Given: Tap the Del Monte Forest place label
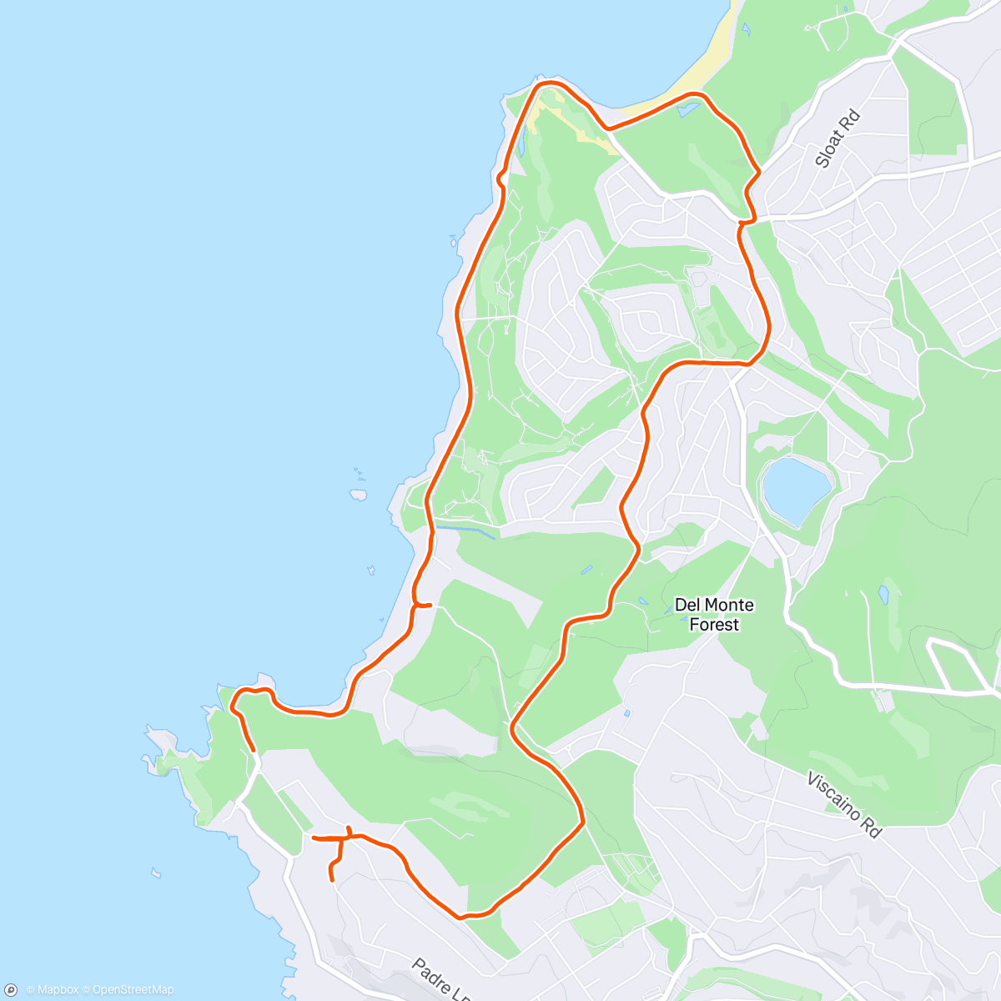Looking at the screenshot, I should click(714, 614).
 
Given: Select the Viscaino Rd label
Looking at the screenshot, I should click(843, 805).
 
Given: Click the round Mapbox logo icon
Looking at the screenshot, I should click(11, 990).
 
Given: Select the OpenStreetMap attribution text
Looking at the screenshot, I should click(133, 990).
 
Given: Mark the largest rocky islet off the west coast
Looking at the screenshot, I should click(359, 494).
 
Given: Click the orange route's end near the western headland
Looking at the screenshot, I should click(253, 751).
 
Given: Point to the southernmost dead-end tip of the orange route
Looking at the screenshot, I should click(332, 878).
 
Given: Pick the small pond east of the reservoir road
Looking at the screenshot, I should click(883, 596).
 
